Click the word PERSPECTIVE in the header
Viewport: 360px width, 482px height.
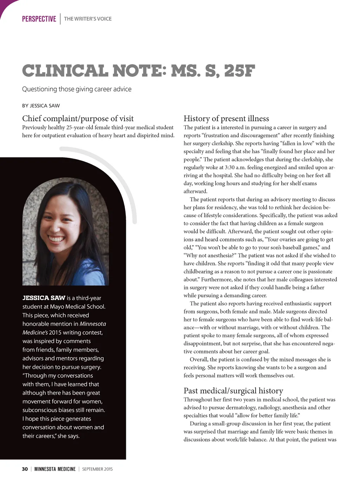pyautogui.click(x=39, y=19)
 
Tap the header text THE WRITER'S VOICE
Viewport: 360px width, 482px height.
pyautogui.click(x=88, y=19)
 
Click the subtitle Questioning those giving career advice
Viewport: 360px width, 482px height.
pyautogui.click(x=77, y=89)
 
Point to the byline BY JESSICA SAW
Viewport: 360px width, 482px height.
pyautogui.click(x=41, y=106)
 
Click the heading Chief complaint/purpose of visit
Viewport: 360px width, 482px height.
pyautogui.click(x=78, y=118)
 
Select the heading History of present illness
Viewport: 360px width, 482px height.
pyautogui.click(x=226, y=118)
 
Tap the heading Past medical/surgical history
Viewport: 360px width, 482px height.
pyautogui.click(x=233, y=391)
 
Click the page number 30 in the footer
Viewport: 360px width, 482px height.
pyautogui.click(x=25, y=469)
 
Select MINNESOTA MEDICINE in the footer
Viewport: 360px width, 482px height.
pyautogui.click(x=55, y=469)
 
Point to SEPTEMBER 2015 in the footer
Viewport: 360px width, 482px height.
pyautogui.click(x=97, y=469)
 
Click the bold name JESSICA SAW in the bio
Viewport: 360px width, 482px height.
pyautogui.click(x=44, y=298)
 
